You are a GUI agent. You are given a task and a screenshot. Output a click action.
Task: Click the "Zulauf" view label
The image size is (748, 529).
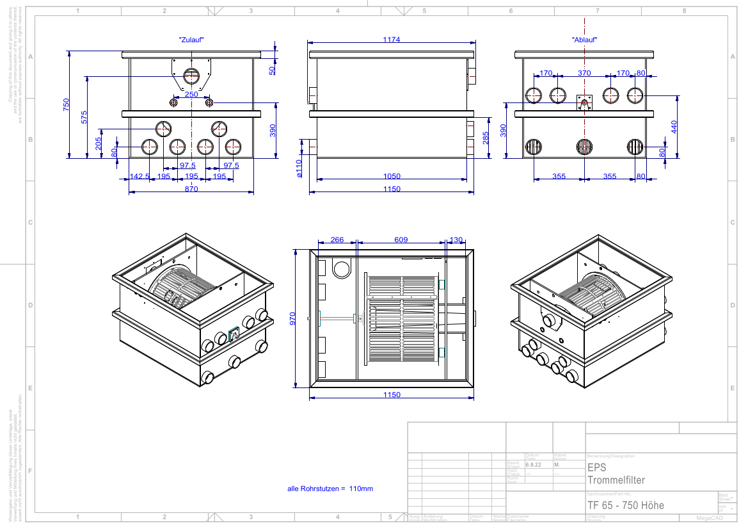pos(191,40)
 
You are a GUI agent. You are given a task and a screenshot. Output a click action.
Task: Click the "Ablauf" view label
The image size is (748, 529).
pos(584,40)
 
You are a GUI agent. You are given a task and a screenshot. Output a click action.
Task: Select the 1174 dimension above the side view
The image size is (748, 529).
pos(392,40)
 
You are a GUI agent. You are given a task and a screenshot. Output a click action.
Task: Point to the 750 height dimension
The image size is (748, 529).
pos(67,106)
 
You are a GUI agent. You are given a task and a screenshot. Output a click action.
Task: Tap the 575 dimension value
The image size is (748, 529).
pos(84,118)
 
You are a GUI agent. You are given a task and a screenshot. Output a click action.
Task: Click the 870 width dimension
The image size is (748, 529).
pos(191,189)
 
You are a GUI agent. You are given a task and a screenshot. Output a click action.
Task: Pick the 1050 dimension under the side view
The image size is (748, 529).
pos(392,176)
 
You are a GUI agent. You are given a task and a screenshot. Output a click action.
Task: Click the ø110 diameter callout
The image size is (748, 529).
pos(299,168)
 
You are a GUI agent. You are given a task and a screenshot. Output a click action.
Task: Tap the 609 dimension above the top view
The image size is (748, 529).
pos(401,240)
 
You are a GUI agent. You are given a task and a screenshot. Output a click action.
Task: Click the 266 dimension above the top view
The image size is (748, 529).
pos(337,240)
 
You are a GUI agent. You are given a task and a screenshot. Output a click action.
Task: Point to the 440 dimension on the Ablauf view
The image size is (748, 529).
pos(674,126)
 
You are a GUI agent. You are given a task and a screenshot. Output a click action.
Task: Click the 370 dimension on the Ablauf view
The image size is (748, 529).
pos(584,73)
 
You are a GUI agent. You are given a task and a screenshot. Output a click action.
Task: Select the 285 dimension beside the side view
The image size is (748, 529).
pos(485,138)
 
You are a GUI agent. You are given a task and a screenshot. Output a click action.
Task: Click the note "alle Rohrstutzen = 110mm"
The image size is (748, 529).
pos(330,489)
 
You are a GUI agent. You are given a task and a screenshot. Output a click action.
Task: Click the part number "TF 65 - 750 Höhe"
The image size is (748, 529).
pos(626,505)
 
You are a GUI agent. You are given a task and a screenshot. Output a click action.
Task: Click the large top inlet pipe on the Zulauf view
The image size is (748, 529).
pos(191,77)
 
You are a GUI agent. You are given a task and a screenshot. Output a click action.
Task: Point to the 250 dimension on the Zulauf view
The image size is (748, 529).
pos(191,94)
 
